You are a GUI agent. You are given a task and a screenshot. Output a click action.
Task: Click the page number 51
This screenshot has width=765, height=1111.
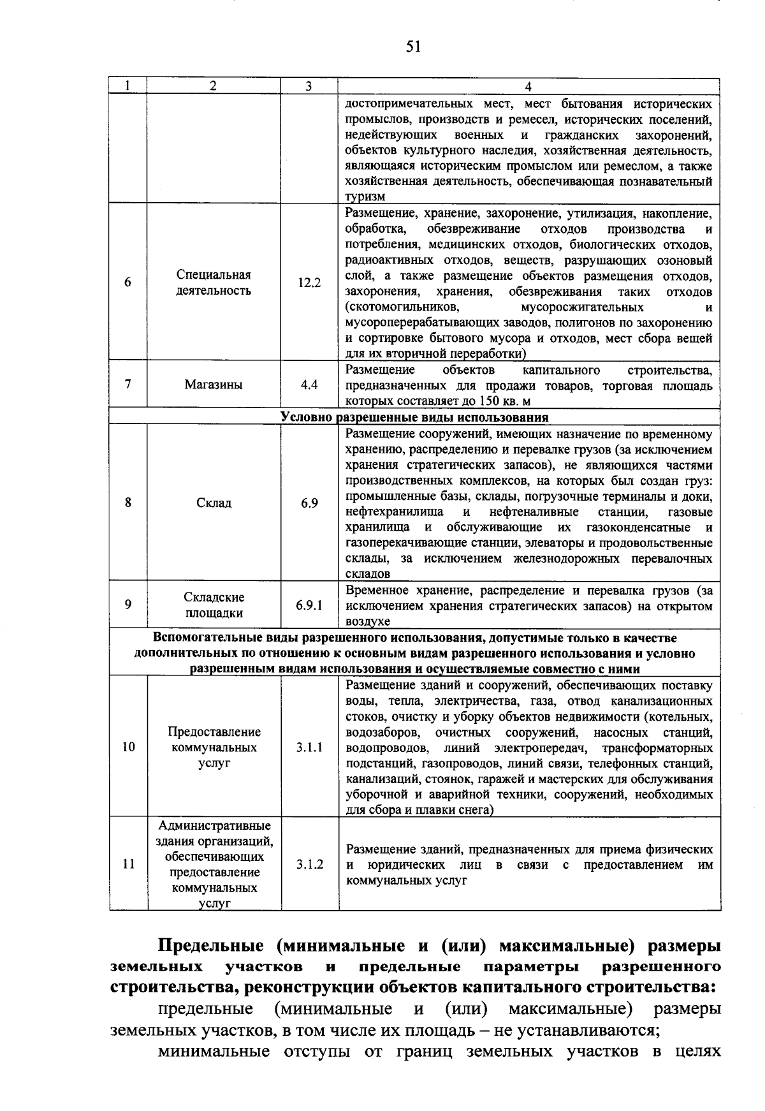(413, 47)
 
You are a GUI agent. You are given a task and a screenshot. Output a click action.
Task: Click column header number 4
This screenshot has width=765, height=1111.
(528, 87)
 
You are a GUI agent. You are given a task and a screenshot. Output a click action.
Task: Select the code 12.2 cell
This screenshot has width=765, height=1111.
(309, 283)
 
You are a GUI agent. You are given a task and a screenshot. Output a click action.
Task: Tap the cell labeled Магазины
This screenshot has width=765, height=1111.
(214, 385)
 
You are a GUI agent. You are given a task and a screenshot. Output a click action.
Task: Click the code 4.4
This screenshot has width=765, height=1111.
(309, 385)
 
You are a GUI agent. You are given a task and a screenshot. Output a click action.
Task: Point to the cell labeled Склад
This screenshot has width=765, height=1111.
(214, 503)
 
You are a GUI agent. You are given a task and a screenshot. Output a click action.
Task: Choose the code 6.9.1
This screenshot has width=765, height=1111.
(309, 605)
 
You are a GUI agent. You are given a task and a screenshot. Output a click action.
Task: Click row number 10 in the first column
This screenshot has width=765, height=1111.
(128, 746)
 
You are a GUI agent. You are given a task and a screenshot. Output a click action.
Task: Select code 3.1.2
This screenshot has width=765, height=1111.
(309, 864)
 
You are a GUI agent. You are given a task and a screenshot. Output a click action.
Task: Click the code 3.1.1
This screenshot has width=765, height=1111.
(309, 746)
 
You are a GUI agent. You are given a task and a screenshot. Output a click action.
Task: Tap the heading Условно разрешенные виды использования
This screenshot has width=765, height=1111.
(414, 418)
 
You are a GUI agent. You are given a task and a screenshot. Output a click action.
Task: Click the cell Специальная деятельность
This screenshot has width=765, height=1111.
(214, 283)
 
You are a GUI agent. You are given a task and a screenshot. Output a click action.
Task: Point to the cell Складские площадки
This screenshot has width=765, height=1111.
(214, 605)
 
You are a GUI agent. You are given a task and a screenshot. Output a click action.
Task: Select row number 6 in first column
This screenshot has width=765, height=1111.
(128, 283)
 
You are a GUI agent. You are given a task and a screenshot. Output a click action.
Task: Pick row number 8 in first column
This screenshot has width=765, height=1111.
(128, 503)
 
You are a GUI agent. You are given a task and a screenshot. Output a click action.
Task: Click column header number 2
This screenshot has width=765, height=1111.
(214, 87)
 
